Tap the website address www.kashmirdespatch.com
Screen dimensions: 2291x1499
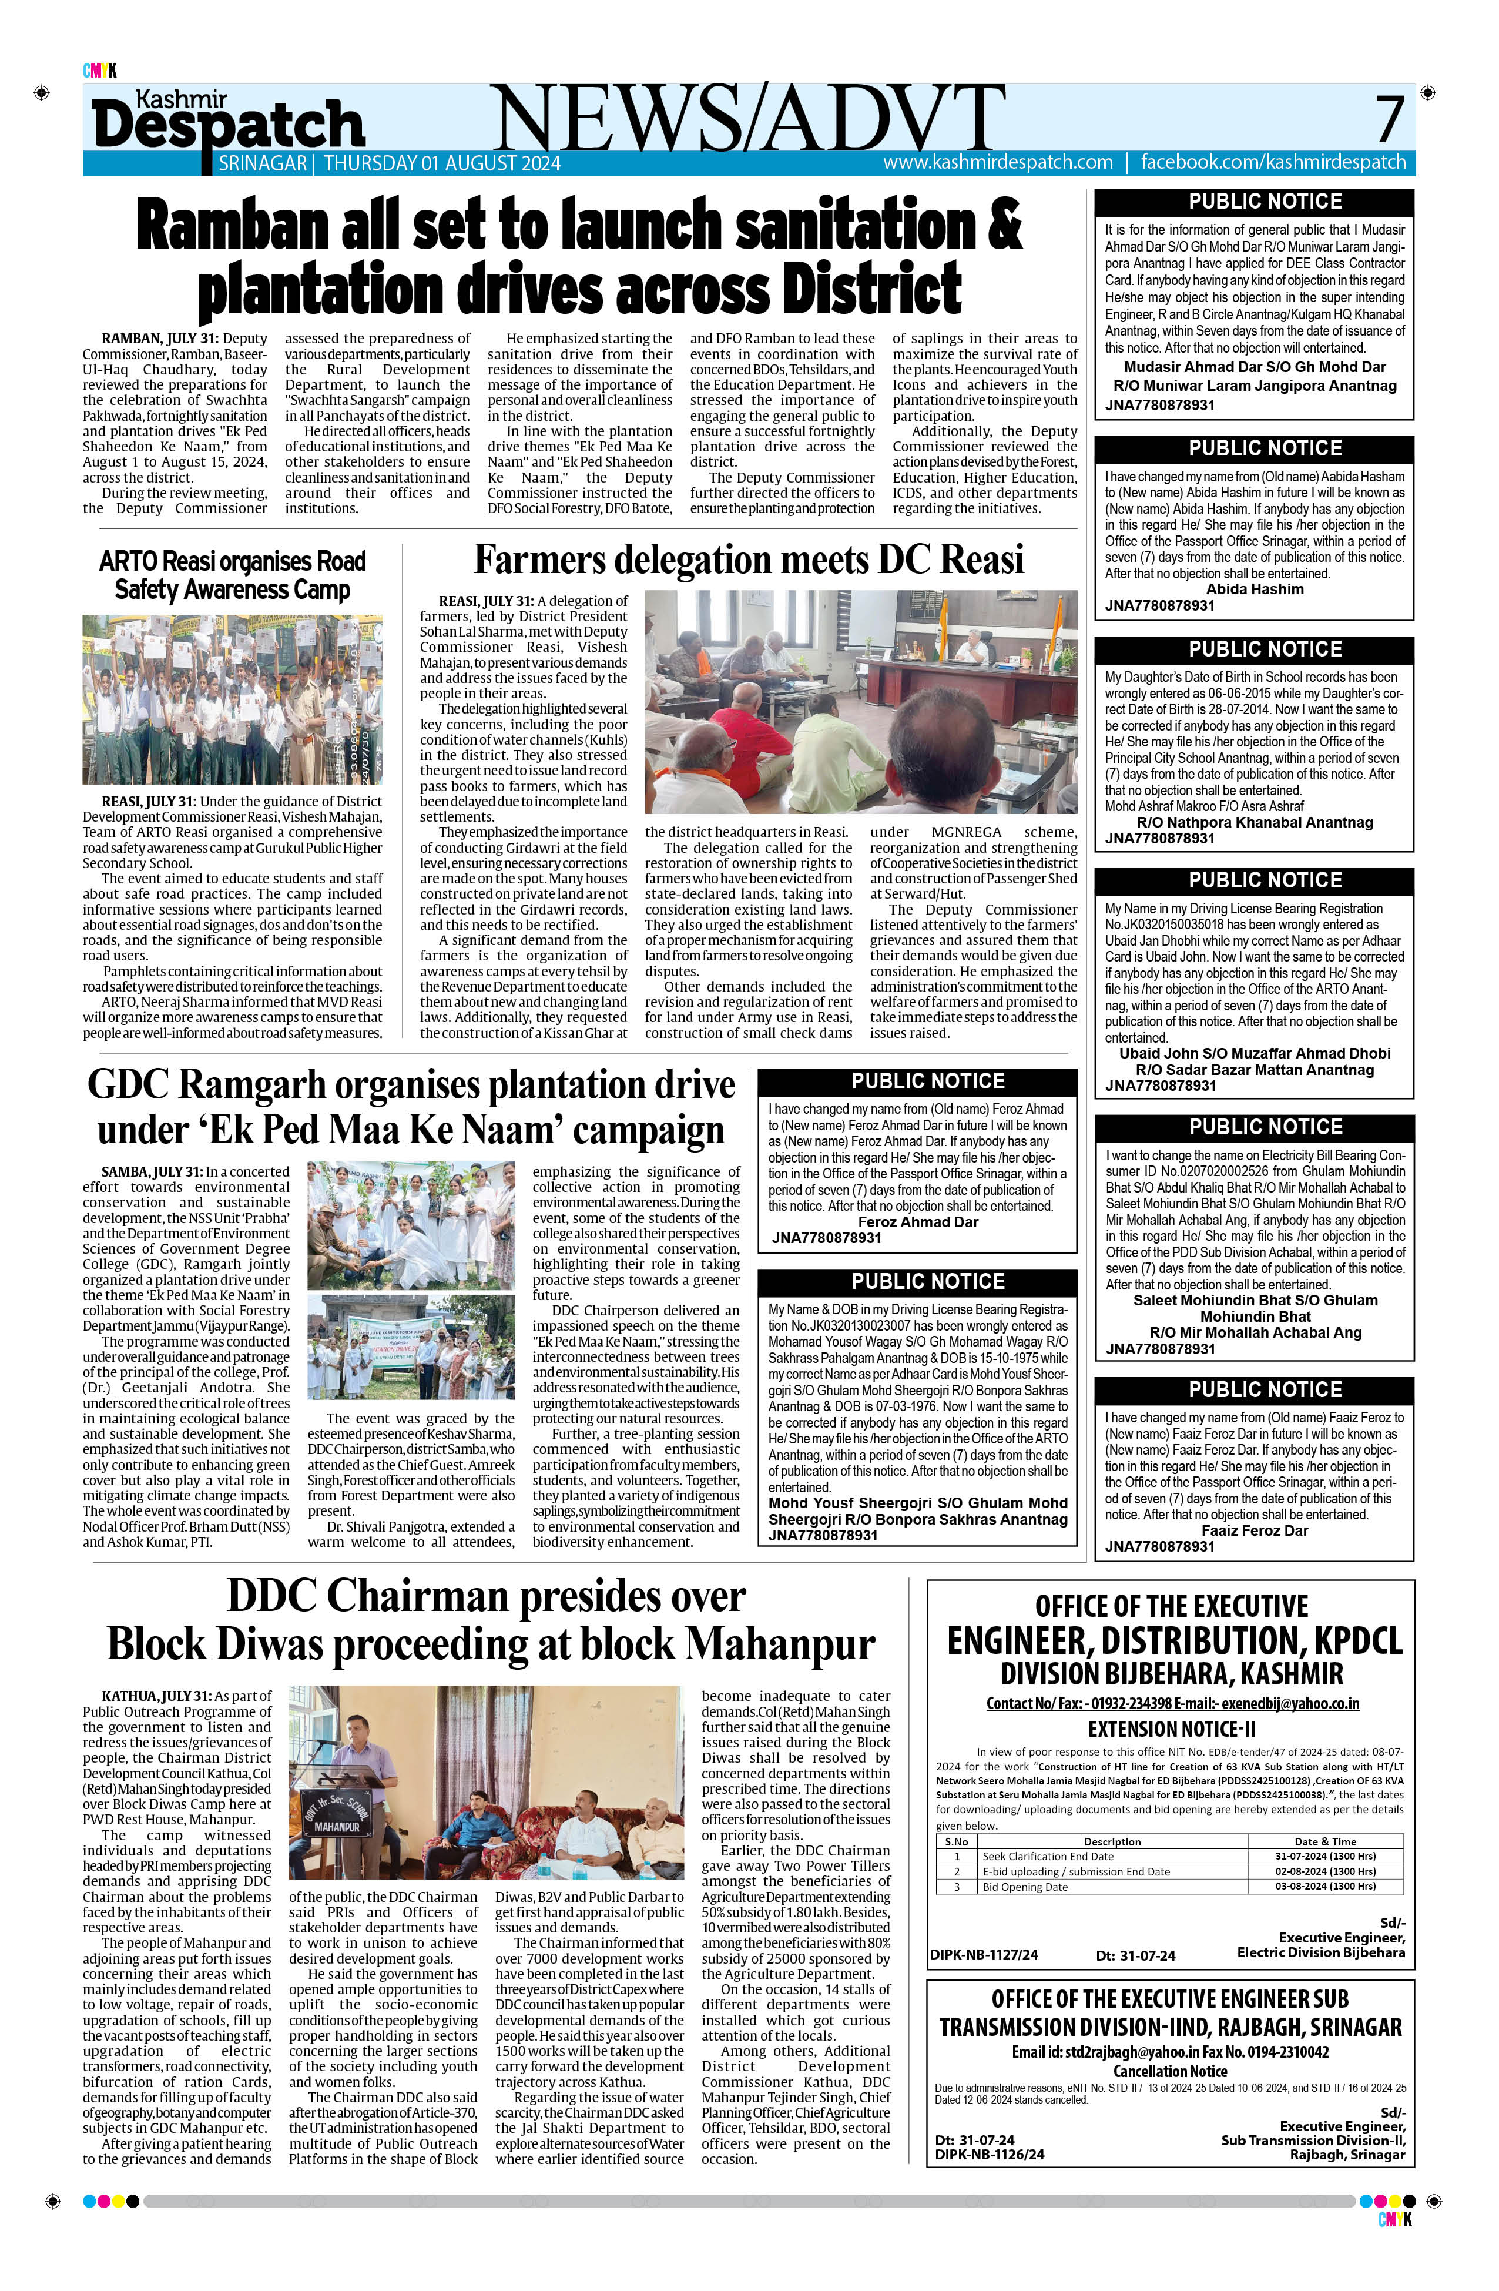998,163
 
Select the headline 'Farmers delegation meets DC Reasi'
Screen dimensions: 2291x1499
749,560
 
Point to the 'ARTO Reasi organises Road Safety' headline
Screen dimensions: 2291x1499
232,575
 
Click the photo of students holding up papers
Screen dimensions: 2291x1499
232,700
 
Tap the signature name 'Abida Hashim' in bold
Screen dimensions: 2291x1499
1255,589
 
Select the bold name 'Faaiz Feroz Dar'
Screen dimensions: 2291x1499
1255,1530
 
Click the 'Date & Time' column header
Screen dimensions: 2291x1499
1325,1841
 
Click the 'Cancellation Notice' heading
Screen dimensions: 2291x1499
1170,2071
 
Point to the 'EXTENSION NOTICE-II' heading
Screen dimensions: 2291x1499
1170,1729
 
